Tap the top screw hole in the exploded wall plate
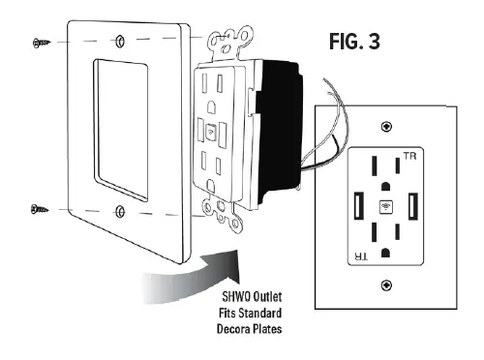(117, 43)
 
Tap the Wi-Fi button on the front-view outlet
(385, 205)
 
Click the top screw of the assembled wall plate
(386, 126)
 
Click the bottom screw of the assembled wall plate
(386, 285)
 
